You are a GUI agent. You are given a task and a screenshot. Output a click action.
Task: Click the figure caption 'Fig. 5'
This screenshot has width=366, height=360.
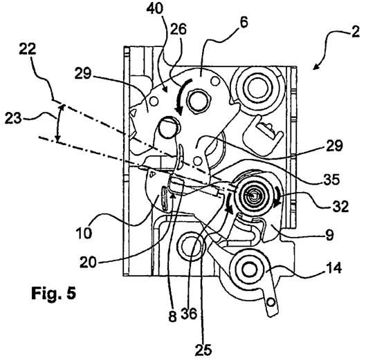coord(54,293)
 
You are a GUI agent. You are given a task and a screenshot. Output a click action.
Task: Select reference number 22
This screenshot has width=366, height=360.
coord(28,49)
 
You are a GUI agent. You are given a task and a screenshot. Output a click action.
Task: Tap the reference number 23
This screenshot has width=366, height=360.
coord(13,118)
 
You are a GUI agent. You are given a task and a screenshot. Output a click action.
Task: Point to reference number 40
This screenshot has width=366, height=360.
coord(155,9)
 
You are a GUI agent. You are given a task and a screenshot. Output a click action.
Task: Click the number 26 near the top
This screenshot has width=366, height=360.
coord(178,30)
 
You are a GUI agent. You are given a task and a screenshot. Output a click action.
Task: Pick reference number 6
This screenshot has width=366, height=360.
coord(244,23)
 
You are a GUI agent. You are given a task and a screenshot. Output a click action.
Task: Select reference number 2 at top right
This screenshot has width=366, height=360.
coord(355,32)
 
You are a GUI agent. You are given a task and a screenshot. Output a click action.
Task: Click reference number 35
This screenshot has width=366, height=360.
coord(331,179)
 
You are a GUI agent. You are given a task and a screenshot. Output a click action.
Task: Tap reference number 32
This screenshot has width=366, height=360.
coord(340,206)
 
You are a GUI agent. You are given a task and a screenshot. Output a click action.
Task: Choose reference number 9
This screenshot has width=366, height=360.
coord(329,235)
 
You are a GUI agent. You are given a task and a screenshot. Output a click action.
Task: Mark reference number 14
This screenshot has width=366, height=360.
coord(334,268)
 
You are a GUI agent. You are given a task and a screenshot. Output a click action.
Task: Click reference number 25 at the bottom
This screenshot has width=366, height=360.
coord(203,350)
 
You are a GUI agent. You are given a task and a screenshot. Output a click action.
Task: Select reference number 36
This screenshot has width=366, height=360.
coord(189,314)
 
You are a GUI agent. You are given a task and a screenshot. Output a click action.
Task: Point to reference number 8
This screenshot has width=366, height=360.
coord(172,316)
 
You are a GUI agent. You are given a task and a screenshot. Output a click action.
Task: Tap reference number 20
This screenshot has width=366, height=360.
coord(88,263)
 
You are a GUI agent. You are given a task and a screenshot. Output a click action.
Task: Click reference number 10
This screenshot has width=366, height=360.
coord(84,233)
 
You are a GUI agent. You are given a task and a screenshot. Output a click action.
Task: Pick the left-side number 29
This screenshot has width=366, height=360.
coord(83,74)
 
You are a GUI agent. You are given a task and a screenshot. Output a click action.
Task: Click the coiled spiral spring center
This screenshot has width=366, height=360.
coord(253,196)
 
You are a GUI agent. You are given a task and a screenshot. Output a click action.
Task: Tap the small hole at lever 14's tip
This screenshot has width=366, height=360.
coord(271,303)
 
